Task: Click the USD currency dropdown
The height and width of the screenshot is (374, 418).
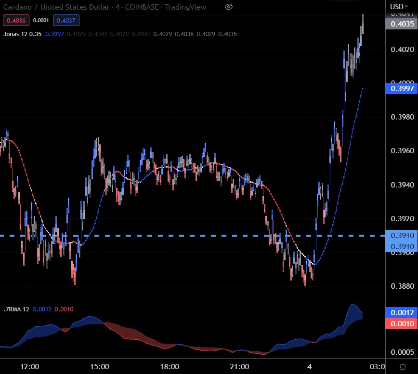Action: (x=398, y=7)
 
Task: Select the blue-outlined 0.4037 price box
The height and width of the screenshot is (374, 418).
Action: (x=66, y=20)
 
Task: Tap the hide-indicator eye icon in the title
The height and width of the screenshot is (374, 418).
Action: (x=229, y=7)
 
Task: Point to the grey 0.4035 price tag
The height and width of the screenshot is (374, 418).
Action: (x=401, y=24)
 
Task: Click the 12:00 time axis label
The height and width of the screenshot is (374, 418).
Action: (x=30, y=366)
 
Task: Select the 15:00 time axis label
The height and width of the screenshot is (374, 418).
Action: (x=100, y=366)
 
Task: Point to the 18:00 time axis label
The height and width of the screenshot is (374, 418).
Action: (x=170, y=366)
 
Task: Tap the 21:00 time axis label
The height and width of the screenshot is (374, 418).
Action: (x=240, y=366)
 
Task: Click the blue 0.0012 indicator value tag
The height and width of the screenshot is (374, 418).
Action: (x=401, y=312)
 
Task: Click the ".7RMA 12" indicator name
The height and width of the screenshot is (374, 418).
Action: (x=16, y=309)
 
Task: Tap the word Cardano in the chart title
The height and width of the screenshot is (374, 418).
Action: (x=16, y=7)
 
